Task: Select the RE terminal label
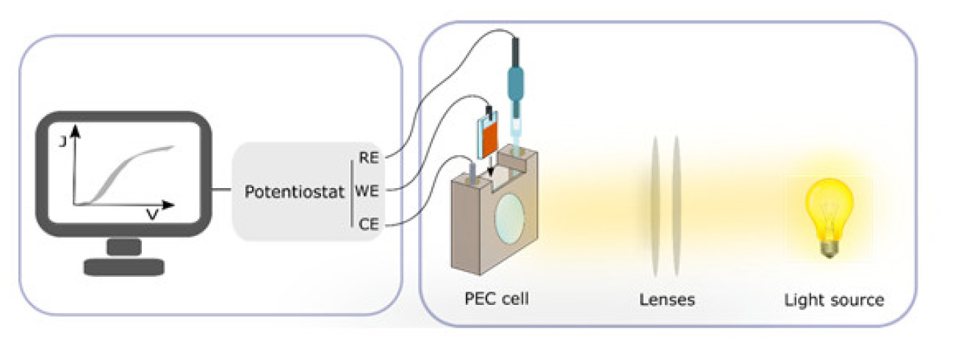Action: (368, 156)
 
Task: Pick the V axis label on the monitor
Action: (153, 215)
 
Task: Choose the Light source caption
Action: (833, 300)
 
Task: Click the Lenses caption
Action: (666, 300)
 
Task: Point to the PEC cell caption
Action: (497, 300)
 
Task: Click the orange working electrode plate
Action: (491, 140)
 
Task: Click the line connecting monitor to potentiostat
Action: (221, 192)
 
